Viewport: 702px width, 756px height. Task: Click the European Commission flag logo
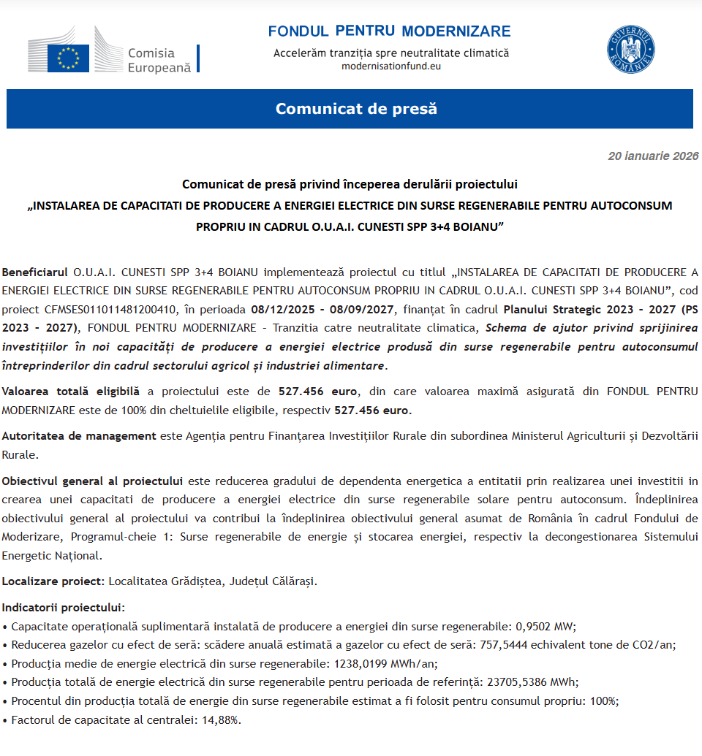pyautogui.click(x=69, y=57)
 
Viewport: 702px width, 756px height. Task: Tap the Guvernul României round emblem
pyautogui.click(x=630, y=49)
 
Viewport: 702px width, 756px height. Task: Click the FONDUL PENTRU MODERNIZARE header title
pyautogui.click(x=389, y=31)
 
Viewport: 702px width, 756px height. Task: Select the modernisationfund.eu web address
pyautogui.click(x=391, y=66)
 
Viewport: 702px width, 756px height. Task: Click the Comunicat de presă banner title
pyautogui.click(x=356, y=109)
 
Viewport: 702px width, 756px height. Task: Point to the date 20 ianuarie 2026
pyautogui.click(x=653, y=156)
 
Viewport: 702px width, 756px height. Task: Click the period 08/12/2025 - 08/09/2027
pyautogui.click(x=322, y=310)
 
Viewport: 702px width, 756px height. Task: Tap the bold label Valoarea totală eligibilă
pyautogui.click(x=71, y=391)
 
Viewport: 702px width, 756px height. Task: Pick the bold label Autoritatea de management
pyautogui.click(x=79, y=436)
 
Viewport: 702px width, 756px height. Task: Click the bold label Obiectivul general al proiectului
pyautogui.click(x=92, y=481)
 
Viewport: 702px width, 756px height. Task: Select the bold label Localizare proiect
pyautogui.click(x=54, y=581)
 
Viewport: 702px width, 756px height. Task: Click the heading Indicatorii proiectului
pyautogui.click(x=63, y=608)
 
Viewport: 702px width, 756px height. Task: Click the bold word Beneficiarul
pyautogui.click(x=35, y=272)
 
